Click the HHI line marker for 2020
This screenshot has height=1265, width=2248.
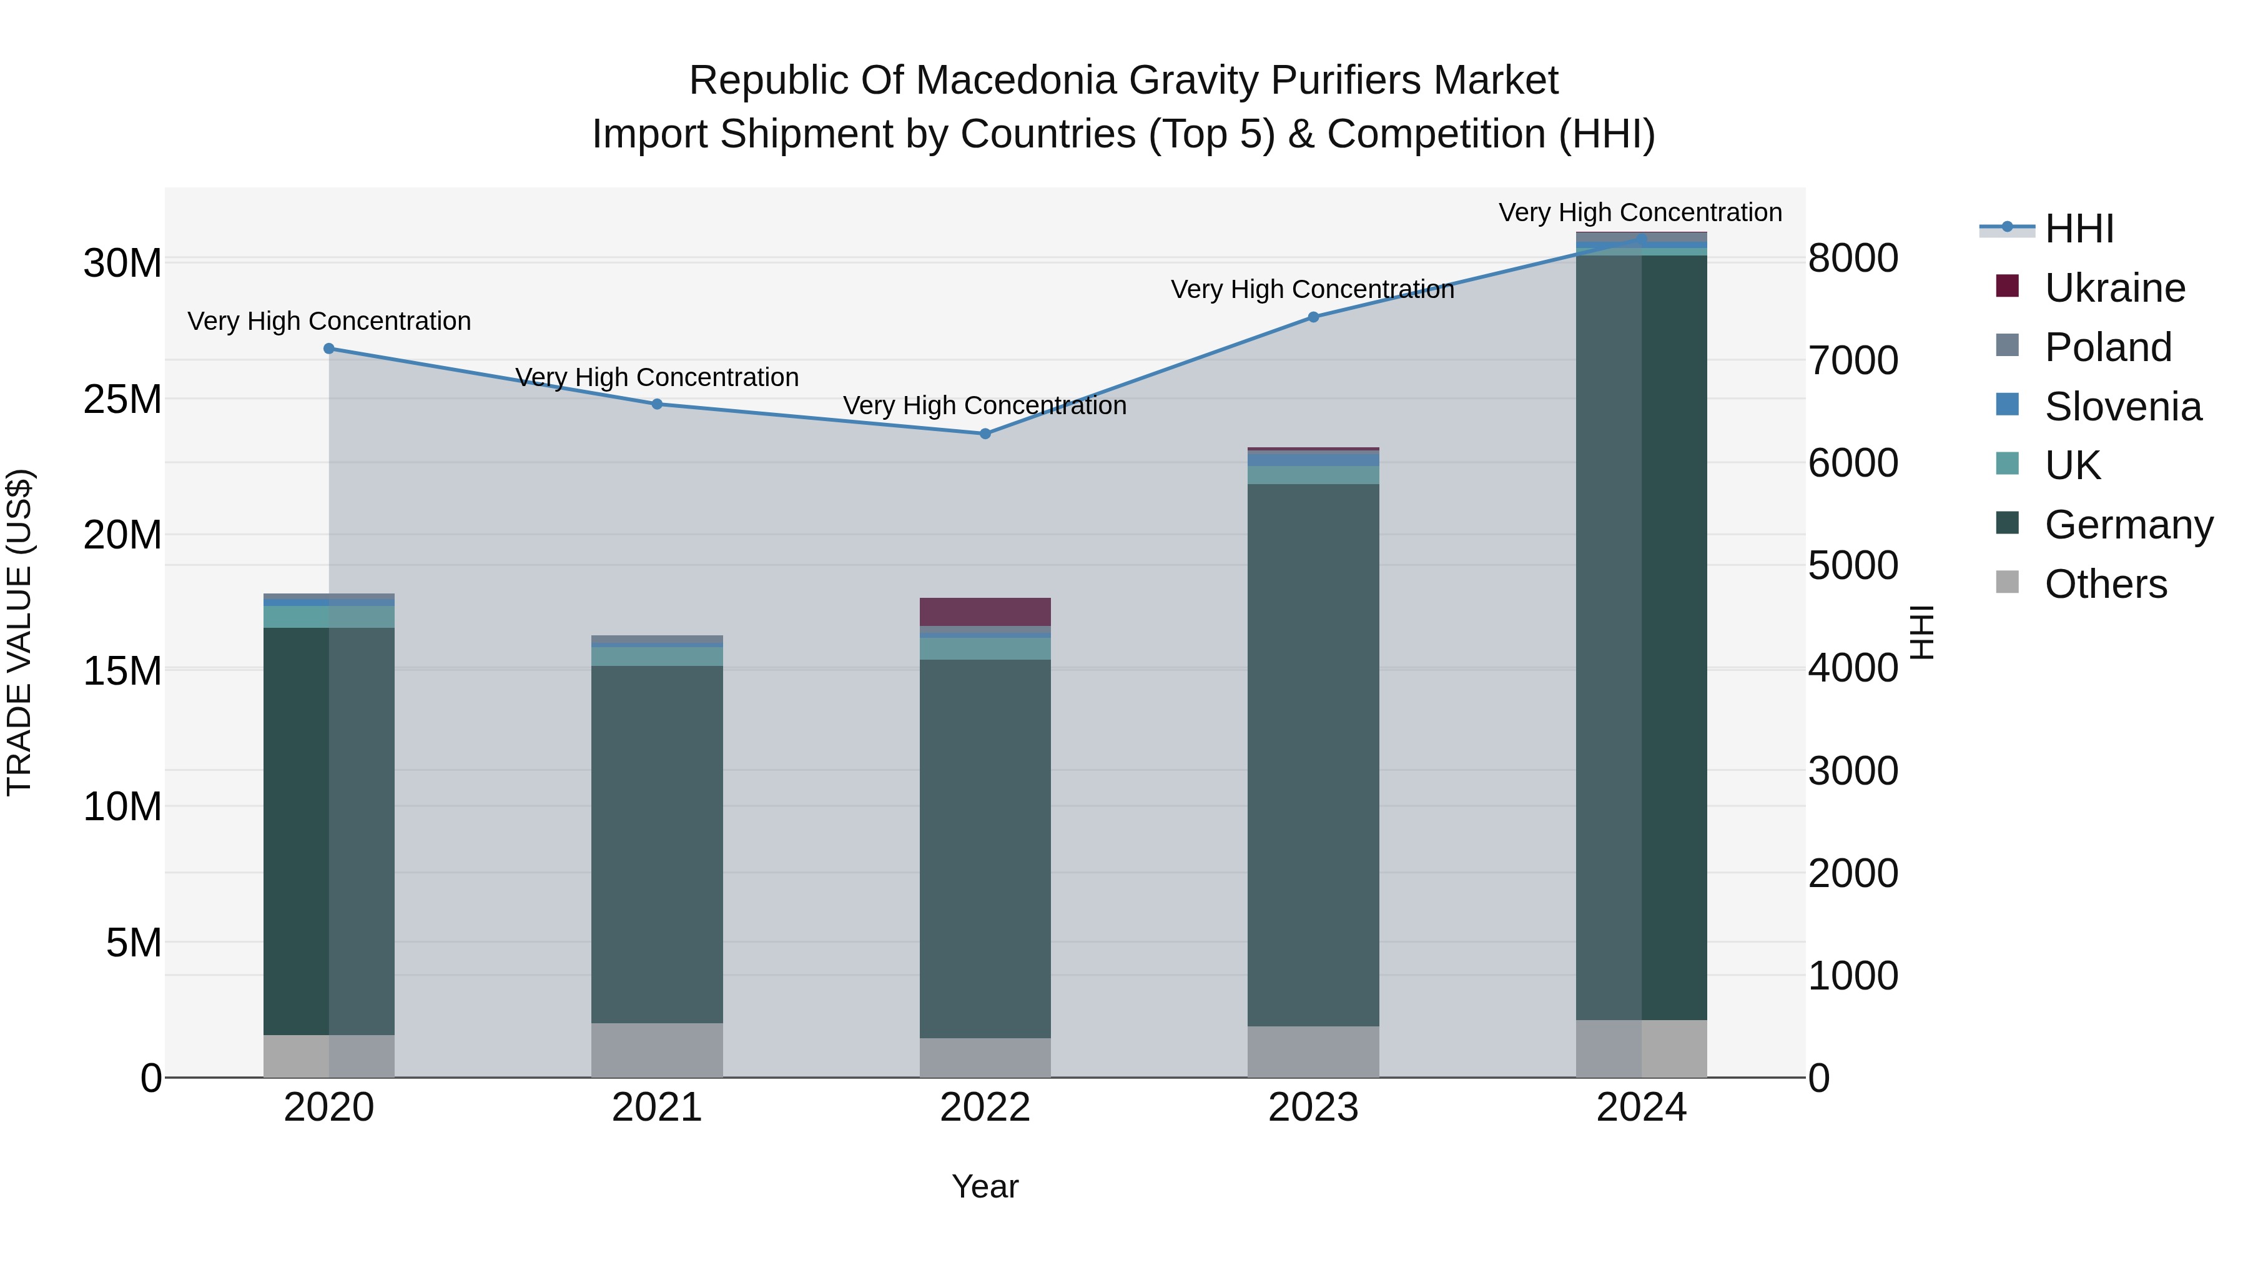point(329,349)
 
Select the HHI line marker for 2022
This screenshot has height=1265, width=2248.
point(985,434)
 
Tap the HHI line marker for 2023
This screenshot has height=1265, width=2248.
point(1313,317)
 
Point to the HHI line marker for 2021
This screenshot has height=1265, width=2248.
point(657,404)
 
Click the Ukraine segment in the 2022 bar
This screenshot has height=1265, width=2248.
point(985,612)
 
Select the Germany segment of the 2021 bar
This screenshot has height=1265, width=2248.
point(657,844)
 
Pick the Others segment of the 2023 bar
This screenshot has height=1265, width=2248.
point(1313,1051)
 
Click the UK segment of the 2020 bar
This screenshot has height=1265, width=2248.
point(329,617)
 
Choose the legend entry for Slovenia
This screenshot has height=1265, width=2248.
point(2122,407)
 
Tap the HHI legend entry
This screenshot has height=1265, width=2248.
point(2079,229)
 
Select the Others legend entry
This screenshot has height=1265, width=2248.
point(2105,584)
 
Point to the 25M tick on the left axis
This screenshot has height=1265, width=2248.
point(123,400)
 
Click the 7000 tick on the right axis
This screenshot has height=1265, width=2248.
point(1853,360)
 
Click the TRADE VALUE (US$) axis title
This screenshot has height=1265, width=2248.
point(20,632)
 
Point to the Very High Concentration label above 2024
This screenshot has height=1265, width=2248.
point(1640,213)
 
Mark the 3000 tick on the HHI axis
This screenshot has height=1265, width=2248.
point(1853,771)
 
